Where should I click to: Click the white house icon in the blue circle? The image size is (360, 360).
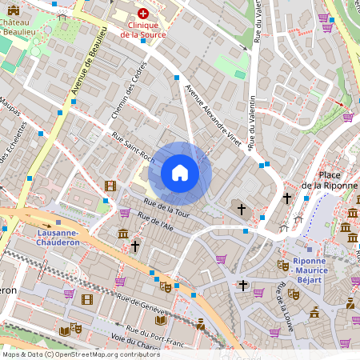[179, 173]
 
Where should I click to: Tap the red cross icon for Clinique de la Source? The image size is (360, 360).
[143, 14]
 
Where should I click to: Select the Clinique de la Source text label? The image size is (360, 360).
[143, 30]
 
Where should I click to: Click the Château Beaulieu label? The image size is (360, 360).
[18, 29]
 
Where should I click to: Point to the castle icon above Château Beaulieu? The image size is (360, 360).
[13, 10]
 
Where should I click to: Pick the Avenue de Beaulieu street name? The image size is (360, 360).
[89, 65]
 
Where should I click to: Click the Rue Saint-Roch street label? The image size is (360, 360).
[133, 147]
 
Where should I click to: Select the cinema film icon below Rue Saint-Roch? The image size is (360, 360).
[110, 186]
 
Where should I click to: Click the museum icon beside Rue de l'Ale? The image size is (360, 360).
[122, 233]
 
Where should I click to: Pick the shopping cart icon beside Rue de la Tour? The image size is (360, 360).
[125, 212]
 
